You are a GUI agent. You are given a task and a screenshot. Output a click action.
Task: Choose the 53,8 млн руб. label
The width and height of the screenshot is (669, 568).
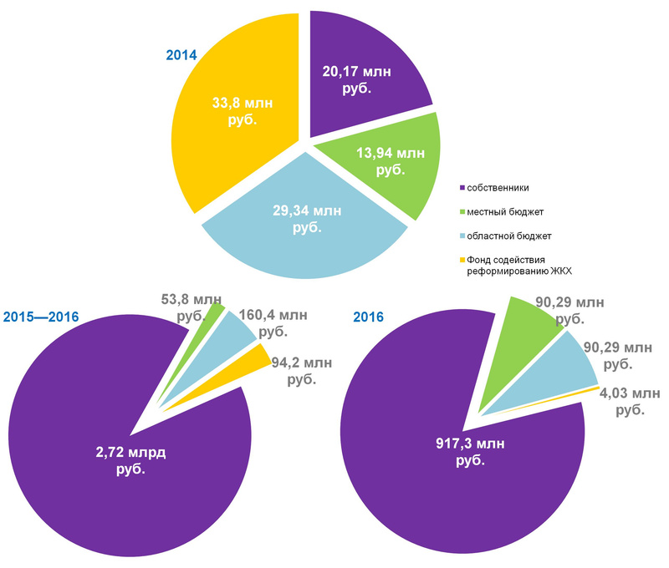pos(192,308)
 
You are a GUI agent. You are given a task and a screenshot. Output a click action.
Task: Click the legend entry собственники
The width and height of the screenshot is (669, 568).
pos(498,187)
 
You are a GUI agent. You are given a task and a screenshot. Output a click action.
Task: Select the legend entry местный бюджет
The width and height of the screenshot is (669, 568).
pos(507,211)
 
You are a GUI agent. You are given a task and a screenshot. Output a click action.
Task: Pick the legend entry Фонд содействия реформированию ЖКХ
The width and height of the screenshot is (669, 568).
pos(518,265)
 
